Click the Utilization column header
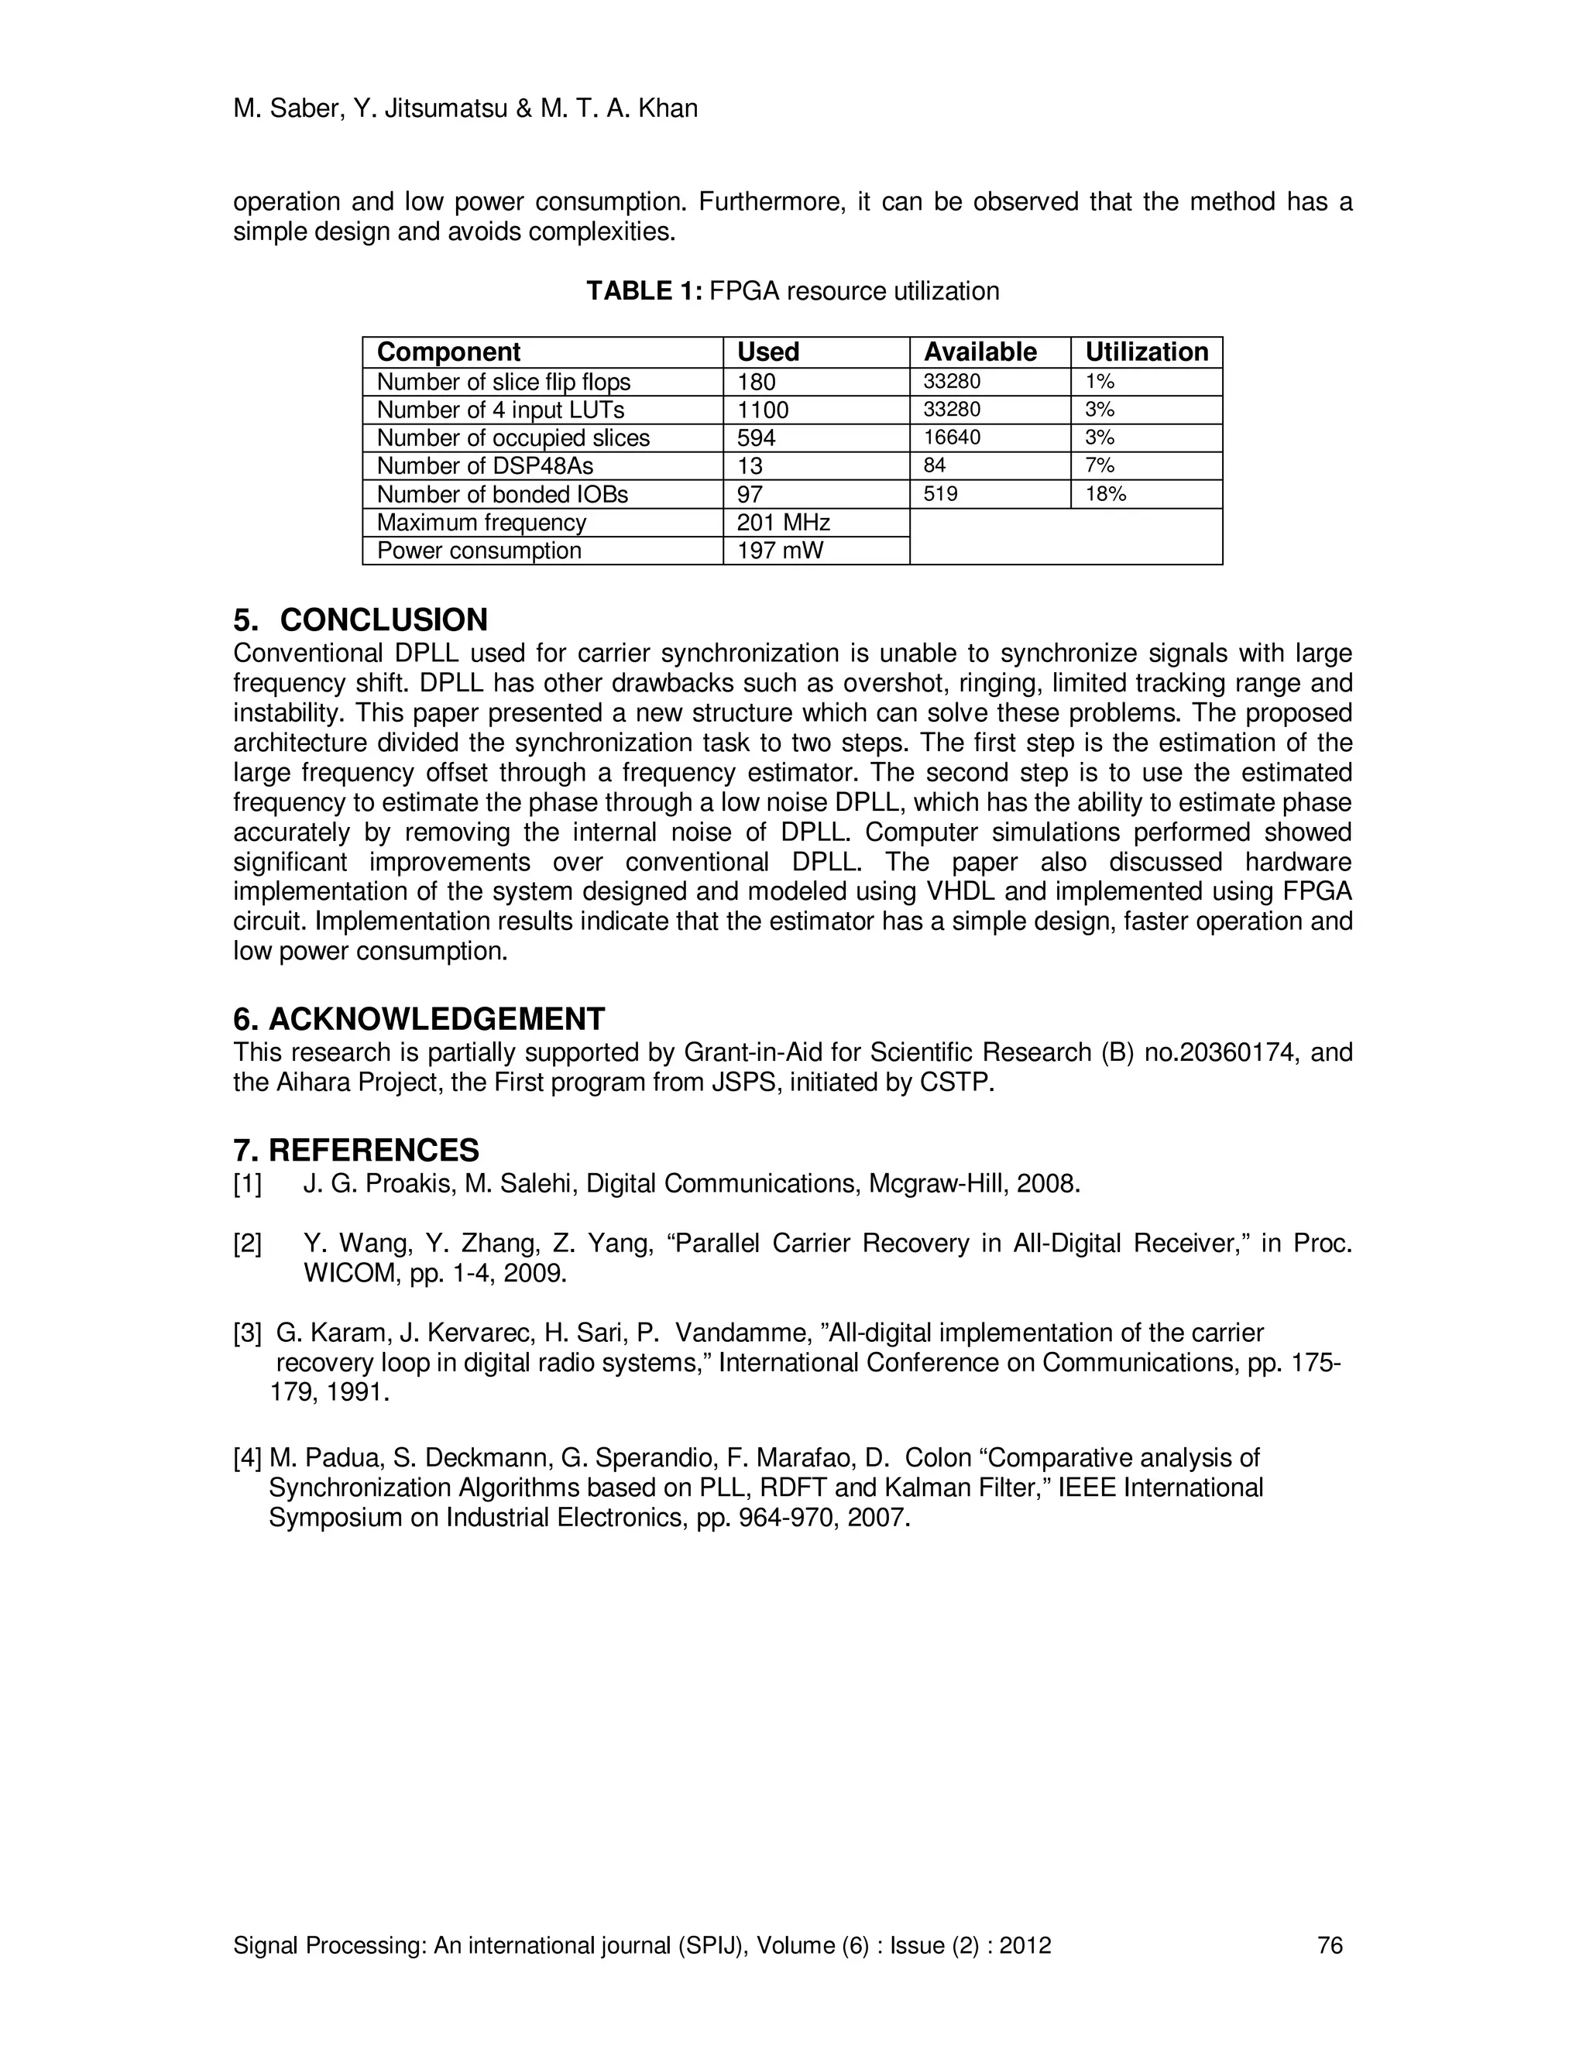click(1146, 352)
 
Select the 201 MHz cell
click(784, 523)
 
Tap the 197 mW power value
click(780, 551)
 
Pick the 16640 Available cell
click(953, 438)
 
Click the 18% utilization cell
click(1105, 494)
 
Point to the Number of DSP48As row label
click(485, 466)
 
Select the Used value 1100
click(763, 410)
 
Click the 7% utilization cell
click(1100, 466)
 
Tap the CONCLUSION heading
click(383, 620)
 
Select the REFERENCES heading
click(373, 1150)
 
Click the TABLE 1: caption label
click(644, 291)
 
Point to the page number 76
click(1330, 1945)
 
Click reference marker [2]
click(247, 1244)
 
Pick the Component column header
click(448, 352)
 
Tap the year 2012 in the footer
click(1025, 1945)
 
